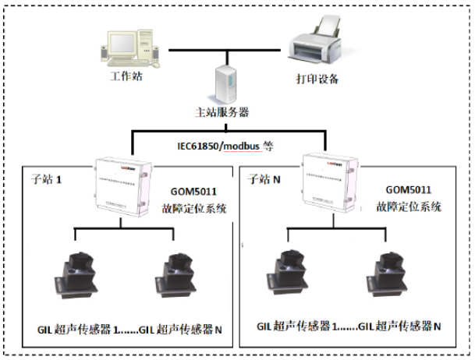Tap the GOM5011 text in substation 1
(x=195, y=191)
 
